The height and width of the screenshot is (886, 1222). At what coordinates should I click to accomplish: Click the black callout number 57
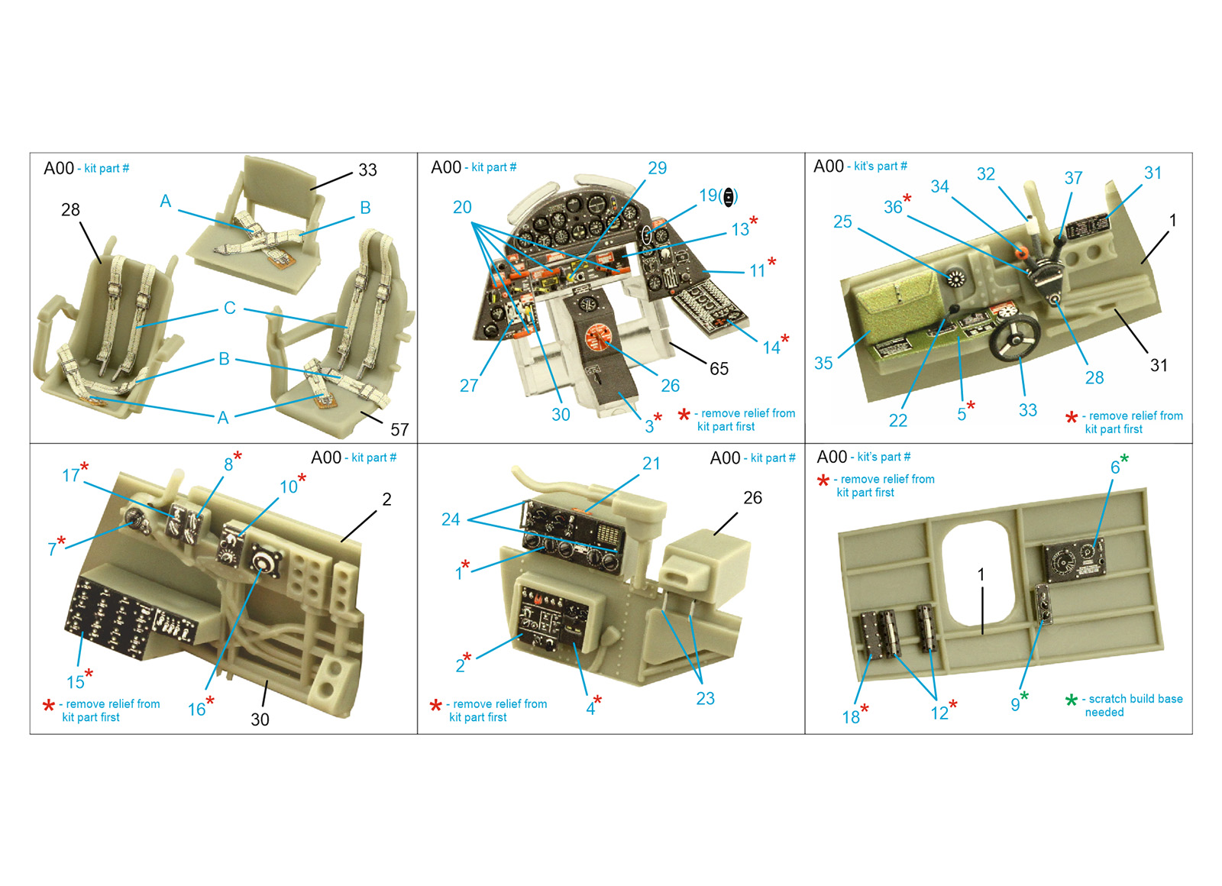(x=399, y=430)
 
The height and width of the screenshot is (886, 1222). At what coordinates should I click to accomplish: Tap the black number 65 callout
(x=719, y=369)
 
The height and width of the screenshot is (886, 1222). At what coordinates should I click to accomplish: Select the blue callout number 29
(x=658, y=168)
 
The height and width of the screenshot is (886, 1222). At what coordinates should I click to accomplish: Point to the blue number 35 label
(x=823, y=364)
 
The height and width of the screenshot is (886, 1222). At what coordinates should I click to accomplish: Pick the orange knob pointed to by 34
(x=1021, y=253)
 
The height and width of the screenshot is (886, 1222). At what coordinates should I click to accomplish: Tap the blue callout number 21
(x=651, y=463)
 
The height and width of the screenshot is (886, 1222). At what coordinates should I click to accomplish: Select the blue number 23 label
(x=706, y=698)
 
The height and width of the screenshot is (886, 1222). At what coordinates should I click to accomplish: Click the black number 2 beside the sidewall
(x=386, y=500)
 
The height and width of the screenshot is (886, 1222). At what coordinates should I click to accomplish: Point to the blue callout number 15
(x=76, y=682)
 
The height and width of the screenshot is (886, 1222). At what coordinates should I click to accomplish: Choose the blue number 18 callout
(x=851, y=717)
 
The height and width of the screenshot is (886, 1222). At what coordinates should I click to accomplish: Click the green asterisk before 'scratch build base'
(x=1072, y=700)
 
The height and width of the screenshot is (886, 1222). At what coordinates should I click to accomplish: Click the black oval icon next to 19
(x=729, y=197)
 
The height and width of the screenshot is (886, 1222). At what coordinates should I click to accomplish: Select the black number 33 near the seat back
(x=367, y=170)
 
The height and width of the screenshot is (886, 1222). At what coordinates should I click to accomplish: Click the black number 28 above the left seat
(x=70, y=209)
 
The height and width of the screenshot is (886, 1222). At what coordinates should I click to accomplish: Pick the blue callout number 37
(x=1073, y=178)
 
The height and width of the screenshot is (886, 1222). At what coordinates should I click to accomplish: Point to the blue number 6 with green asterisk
(x=1115, y=467)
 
